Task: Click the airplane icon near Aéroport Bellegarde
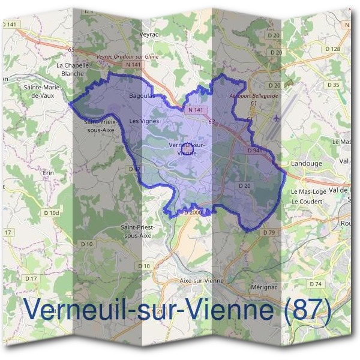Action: coord(276,118)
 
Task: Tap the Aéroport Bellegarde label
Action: coord(254,96)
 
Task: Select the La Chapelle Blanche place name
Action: coord(73,69)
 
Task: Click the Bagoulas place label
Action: coord(142,95)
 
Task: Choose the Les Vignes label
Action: coord(144,121)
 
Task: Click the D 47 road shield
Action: coord(134,170)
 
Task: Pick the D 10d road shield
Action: coord(52,212)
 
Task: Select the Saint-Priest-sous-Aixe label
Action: coord(137,231)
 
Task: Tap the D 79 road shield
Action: coord(268,232)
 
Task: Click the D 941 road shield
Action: coord(256,150)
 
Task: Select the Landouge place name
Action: coord(306,163)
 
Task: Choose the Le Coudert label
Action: coord(305,202)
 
